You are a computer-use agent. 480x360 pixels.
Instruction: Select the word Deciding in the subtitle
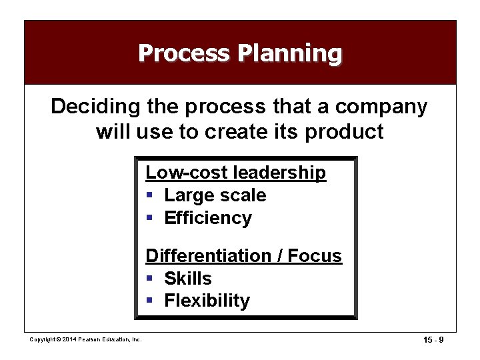(x=93, y=107)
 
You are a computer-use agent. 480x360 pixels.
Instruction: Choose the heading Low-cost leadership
(x=236, y=173)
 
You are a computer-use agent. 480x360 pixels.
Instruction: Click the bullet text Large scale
(x=215, y=195)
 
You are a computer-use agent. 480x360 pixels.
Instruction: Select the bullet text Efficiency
(x=208, y=218)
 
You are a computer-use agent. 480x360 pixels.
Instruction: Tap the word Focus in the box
(x=315, y=256)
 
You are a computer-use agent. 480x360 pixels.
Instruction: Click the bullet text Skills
(x=187, y=279)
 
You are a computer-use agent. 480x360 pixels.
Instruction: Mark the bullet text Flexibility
(x=207, y=301)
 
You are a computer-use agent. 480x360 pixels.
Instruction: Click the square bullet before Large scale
(x=150, y=196)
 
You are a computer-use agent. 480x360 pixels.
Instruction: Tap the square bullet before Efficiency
(x=150, y=219)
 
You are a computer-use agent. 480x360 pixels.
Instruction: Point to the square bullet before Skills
(x=150, y=279)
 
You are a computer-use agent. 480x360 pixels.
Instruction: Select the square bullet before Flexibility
(x=150, y=301)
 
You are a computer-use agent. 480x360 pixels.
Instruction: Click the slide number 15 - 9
(x=433, y=340)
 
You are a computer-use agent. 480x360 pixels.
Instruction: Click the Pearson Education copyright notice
(x=85, y=340)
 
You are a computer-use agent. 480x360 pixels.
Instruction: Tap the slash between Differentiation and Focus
(x=281, y=256)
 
